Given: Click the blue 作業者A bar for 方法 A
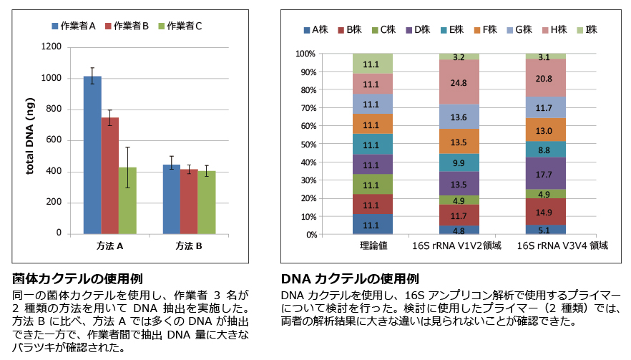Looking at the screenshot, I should tap(92, 155).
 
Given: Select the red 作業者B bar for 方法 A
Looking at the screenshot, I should tap(109, 175).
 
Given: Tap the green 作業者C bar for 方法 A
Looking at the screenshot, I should tap(127, 200).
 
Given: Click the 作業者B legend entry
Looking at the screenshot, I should tap(126, 26).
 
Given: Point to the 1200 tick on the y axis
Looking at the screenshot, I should tap(52, 47).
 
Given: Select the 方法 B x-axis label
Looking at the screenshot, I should tap(189, 246).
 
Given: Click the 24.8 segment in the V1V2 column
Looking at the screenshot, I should tap(459, 82).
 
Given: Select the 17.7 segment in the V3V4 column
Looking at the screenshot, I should tap(545, 174).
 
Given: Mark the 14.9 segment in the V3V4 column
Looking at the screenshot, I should tap(545, 212).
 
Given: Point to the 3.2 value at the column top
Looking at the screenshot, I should tap(459, 57).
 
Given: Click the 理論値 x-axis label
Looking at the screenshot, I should tap(373, 245).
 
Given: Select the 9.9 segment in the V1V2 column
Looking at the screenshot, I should tap(459, 162).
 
